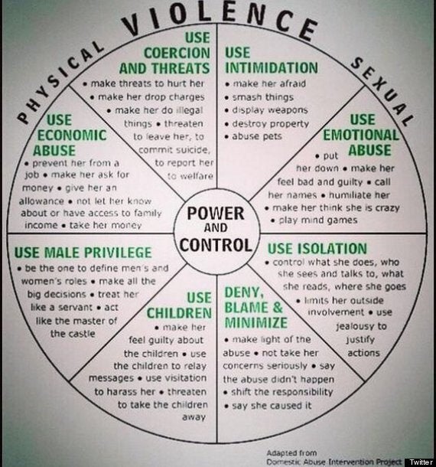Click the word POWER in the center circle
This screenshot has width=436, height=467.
point(216,214)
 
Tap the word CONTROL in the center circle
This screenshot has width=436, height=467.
point(216,245)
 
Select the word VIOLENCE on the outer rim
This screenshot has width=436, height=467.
point(220,21)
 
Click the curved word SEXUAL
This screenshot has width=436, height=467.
point(382,91)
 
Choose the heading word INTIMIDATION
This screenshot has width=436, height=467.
point(272,68)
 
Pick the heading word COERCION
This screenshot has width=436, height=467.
point(177,53)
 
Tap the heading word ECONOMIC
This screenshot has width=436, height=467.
point(72,136)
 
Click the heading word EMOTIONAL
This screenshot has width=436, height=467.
point(361,135)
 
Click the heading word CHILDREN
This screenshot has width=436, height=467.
point(179,313)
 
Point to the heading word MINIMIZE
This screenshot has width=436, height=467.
point(256,323)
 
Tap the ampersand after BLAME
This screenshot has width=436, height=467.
point(278,307)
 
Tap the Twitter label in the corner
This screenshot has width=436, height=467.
point(421,462)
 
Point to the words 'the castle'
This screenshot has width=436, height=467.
point(73,334)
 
